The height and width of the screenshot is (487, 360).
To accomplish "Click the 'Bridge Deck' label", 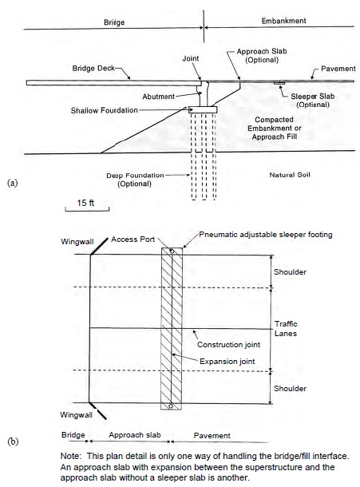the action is [x=93, y=68].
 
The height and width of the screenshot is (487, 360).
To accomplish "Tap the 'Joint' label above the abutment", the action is [x=191, y=58].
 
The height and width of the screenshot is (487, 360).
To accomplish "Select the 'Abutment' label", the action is [x=158, y=97].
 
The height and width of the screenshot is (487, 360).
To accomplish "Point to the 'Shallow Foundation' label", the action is [x=104, y=110].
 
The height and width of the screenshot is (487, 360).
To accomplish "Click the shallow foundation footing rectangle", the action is [x=203, y=109].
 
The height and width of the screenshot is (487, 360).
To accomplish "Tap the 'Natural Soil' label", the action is [x=290, y=175].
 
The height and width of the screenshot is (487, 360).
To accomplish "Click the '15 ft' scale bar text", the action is [x=85, y=203].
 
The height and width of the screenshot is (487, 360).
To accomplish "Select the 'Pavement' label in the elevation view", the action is [x=338, y=69].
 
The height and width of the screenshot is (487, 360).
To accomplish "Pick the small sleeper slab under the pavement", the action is [x=279, y=83].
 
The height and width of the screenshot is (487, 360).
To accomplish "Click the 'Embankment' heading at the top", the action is [x=283, y=21].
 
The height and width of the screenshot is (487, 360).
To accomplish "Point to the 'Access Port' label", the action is [x=133, y=240].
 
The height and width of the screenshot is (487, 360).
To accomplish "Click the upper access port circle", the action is [x=172, y=251].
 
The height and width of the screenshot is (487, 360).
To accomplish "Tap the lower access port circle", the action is [x=171, y=406].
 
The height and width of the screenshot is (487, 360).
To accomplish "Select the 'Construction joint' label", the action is [x=228, y=344].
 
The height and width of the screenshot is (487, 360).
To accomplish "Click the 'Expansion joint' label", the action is [x=227, y=361].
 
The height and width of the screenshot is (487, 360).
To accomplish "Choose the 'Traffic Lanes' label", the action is [x=286, y=329].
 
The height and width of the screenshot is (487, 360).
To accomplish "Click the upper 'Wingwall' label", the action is [x=77, y=242].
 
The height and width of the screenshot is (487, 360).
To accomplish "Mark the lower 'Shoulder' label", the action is [x=290, y=388].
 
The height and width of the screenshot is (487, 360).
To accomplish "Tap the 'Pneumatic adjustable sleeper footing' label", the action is [x=266, y=235].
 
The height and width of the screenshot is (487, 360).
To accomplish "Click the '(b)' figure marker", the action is [x=13, y=441].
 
